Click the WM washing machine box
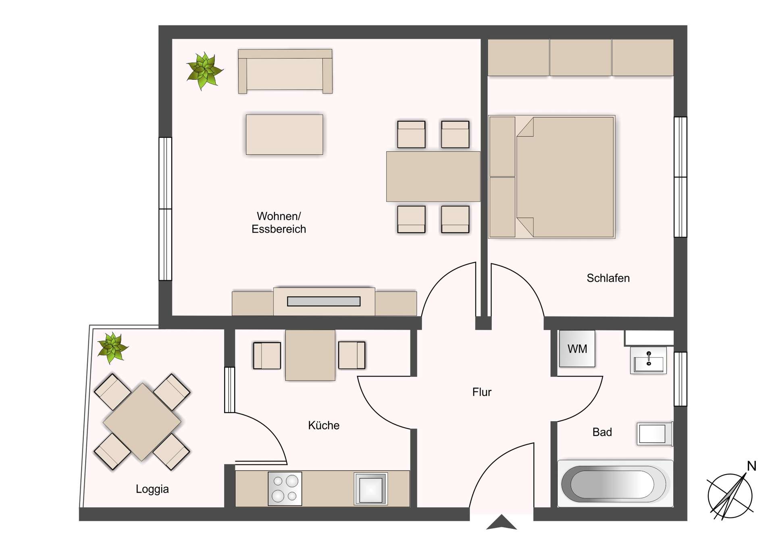tap(577, 349)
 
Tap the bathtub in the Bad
tap(615, 483)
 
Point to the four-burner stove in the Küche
tap(285, 489)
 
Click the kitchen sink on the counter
tap(371, 489)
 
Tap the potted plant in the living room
tap(204, 71)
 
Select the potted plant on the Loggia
tap(112, 348)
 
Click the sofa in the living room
tap(285, 71)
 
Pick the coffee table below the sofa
tap(285, 135)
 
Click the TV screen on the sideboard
tap(324, 301)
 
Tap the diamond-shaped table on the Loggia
tap(142, 422)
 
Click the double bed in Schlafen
tap(551, 177)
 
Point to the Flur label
tap(482, 392)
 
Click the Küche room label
tap(324, 425)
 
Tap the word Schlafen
tap(608, 278)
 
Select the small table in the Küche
tap(310, 355)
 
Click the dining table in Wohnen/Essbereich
tap(433, 177)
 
